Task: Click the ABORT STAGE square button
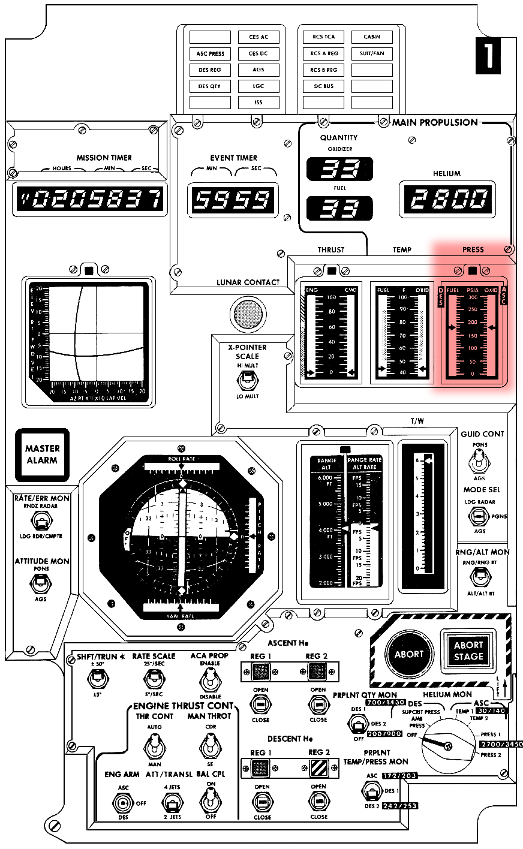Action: (468, 651)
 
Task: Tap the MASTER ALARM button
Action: (42, 454)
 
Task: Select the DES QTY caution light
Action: (210, 86)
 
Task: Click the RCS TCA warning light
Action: (323, 37)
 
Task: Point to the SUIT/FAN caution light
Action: (372, 53)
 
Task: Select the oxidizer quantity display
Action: (339, 170)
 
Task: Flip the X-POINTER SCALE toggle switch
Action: (247, 380)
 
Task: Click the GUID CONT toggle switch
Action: (479, 462)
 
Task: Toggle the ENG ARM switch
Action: (124, 802)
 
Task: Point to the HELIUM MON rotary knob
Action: (447, 745)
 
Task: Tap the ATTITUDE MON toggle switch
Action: (41, 582)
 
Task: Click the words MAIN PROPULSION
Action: (435, 122)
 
